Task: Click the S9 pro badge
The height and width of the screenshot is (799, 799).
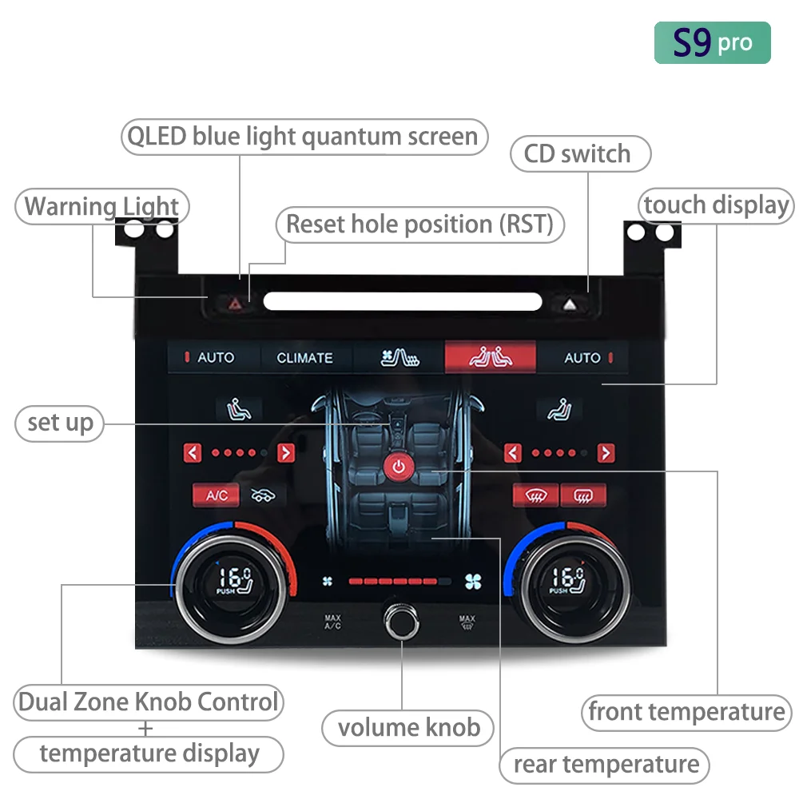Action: click(x=712, y=43)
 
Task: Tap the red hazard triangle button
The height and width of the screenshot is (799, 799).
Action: click(x=235, y=304)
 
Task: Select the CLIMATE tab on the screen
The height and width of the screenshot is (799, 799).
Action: click(x=304, y=358)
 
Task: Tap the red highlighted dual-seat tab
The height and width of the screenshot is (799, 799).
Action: click(x=491, y=356)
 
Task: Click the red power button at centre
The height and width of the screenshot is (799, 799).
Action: click(x=399, y=467)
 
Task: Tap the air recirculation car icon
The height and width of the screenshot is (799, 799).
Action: click(x=263, y=495)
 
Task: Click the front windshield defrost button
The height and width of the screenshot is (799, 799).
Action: click(x=535, y=495)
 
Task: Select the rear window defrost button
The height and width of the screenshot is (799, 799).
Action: click(x=583, y=495)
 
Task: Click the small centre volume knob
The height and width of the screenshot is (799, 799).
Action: click(x=402, y=621)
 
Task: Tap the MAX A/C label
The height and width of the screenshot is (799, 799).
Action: click(x=332, y=622)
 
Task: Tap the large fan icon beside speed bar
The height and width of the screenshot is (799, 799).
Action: click(x=473, y=582)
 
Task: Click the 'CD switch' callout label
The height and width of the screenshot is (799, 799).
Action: click(x=580, y=153)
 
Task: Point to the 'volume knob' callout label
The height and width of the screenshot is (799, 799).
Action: click(x=407, y=728)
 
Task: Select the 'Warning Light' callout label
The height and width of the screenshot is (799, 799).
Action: click(x=102, y=206)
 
